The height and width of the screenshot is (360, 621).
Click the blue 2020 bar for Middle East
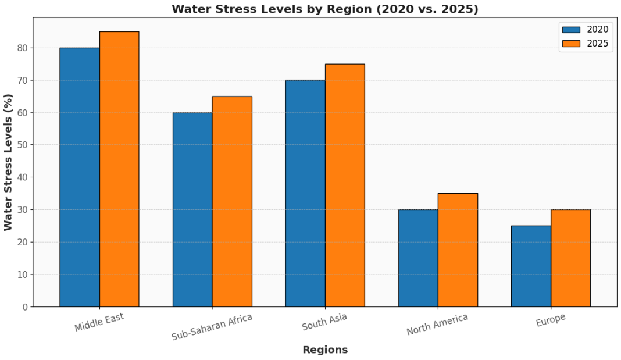[80, 177]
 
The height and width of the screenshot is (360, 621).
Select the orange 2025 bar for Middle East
[119, 169]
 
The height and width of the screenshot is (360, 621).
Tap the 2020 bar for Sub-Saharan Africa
[192, 209]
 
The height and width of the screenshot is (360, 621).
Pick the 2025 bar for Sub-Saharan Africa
[232, 201]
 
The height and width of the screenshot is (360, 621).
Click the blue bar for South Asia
[305, 193]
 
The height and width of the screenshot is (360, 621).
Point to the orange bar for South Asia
[345, 185]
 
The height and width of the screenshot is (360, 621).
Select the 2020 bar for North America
[418, 258]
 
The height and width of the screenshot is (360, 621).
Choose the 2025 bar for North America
[458, 250]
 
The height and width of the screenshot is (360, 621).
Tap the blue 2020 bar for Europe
[531, 266]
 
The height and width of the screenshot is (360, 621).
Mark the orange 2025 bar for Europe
[570, 258]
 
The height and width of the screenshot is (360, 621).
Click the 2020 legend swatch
[571, 30]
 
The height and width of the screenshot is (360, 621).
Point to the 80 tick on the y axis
[23, 48]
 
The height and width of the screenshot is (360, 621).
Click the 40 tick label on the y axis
[23, 177]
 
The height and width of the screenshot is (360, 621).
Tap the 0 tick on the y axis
[26, 307]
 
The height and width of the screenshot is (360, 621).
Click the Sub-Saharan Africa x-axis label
[212, 327]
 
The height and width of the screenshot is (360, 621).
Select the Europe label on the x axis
[551, 320]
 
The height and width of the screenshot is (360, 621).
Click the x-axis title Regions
[325, 350]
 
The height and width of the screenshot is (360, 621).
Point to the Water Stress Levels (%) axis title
[8, 162]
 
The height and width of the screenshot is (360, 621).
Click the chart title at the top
[325, 9]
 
